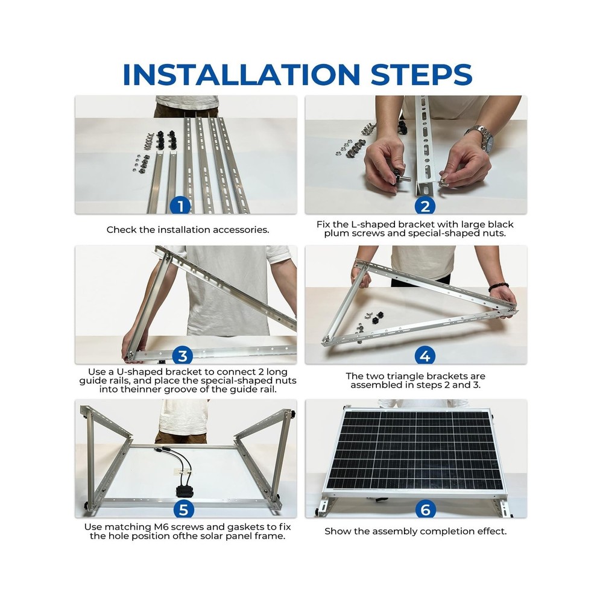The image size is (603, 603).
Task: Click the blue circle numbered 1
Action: coord(180,206)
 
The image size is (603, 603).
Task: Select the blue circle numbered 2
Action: coord(425,206)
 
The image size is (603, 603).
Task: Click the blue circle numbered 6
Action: coord(425,510)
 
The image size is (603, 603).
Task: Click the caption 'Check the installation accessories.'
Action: coord(188,230)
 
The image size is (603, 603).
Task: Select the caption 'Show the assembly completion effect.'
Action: coord(415,531)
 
